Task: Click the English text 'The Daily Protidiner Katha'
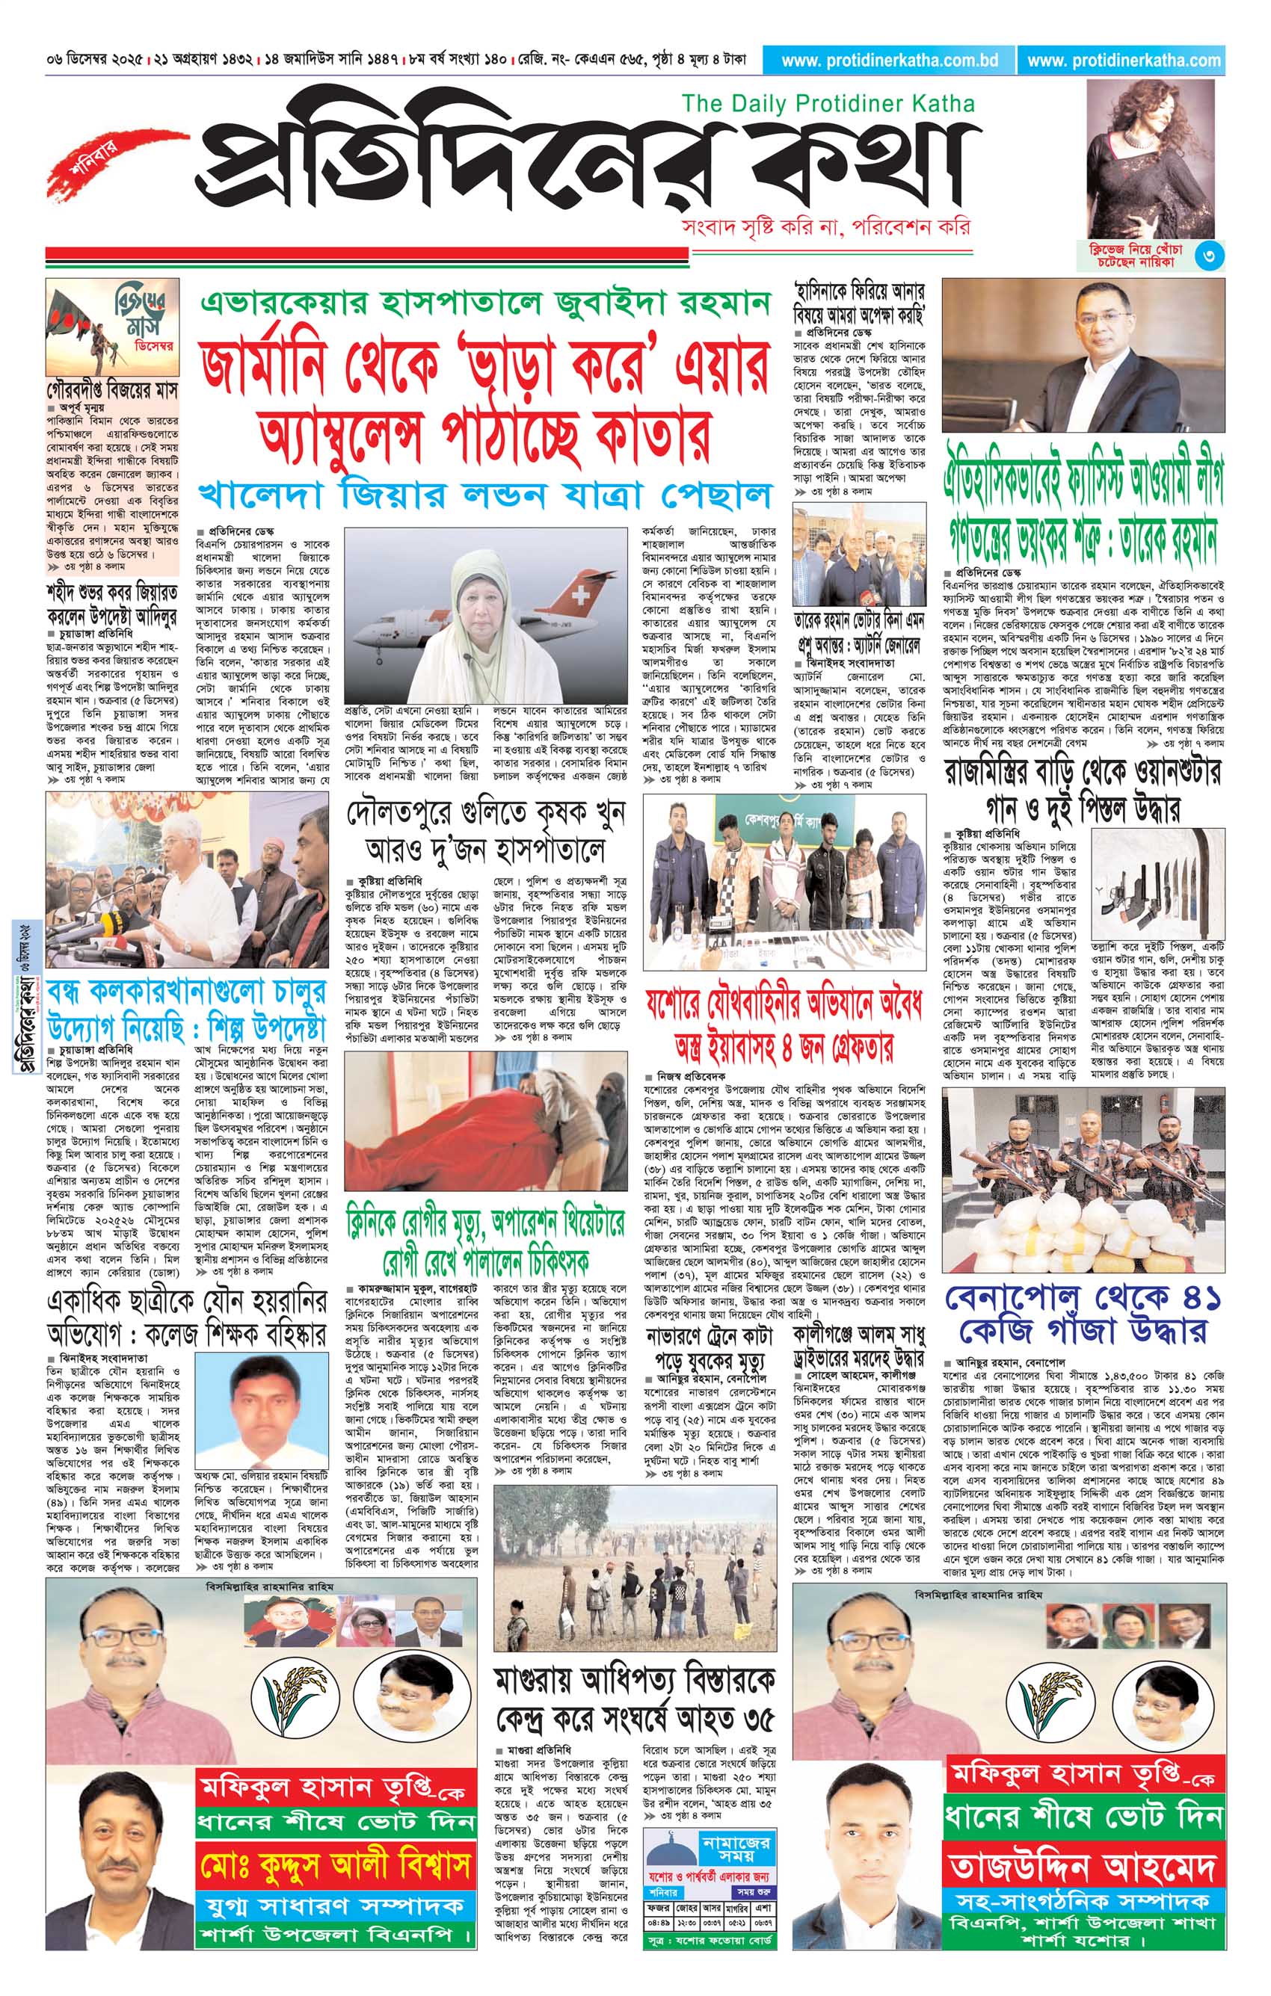point(828,103)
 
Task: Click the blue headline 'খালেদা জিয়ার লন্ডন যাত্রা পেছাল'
point(484,495)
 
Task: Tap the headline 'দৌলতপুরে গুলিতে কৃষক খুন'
point(486,815)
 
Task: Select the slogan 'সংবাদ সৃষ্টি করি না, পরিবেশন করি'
point(823,226)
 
